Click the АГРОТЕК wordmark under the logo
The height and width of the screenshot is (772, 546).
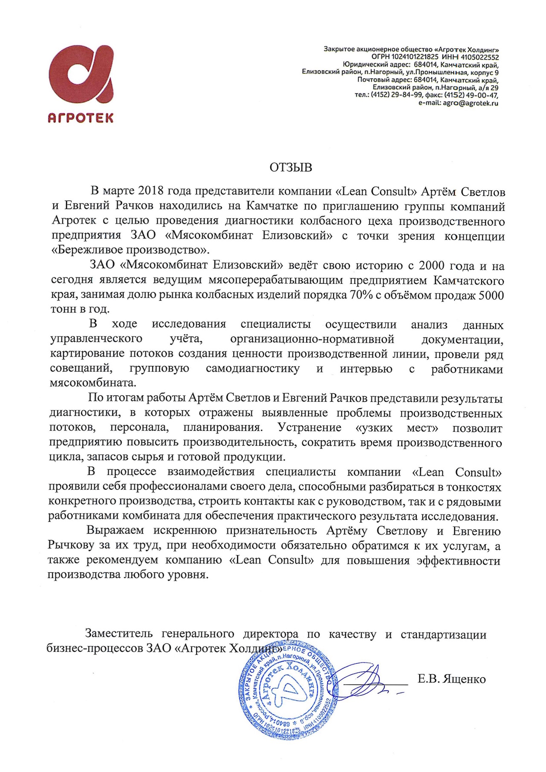click(81, 118)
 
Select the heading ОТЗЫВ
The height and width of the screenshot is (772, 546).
click(290, 168)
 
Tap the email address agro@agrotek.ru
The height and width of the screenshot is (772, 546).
click(470, 103)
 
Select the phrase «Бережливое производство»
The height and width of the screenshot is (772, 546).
click(131, 250)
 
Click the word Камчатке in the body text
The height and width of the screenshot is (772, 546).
click(272, 206)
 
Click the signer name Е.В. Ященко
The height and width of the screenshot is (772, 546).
click(452, 679)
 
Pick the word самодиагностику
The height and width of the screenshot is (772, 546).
click(253, 369)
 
